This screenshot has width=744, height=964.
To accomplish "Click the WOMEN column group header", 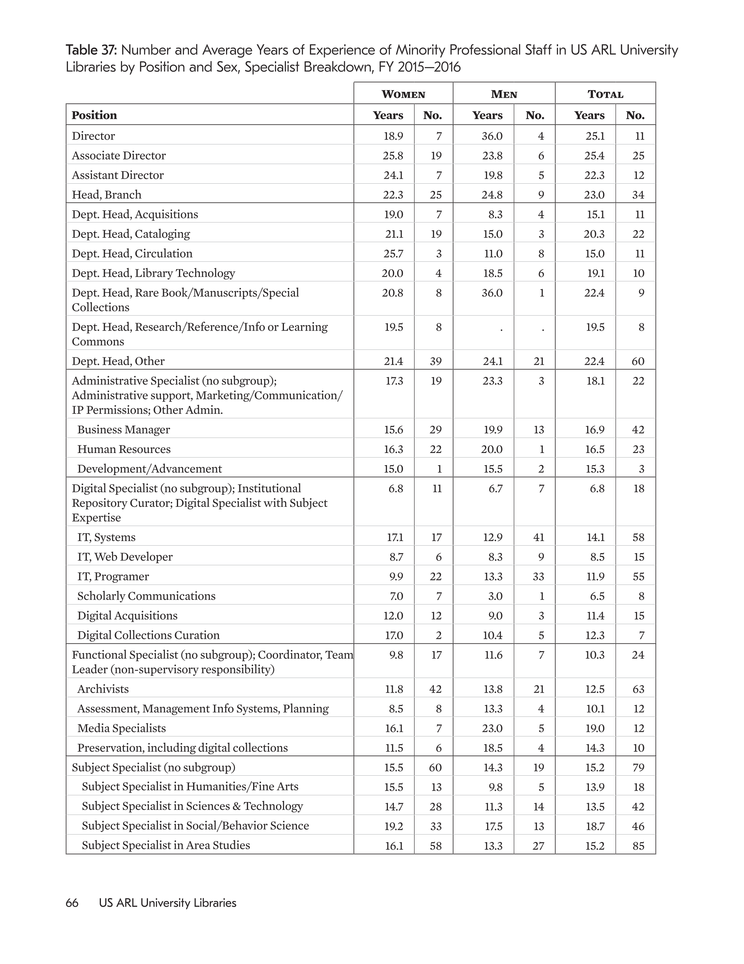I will click(403, 94).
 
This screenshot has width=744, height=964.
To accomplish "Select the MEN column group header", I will click(504, 94).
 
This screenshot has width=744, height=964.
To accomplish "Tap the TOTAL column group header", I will click(605, 94).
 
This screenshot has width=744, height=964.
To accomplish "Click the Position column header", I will click(94, 115).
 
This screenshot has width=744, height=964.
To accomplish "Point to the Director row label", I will click(93, 136).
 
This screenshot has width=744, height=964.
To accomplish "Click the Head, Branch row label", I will click(107, 195).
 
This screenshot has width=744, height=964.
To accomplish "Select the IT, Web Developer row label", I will click(125, 557).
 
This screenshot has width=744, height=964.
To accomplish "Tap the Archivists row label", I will click(103, 689).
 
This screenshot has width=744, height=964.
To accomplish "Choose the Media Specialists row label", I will click(122, 728).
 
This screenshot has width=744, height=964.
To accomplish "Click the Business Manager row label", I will click(123, 430).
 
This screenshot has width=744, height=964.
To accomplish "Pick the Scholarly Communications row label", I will click(146, 596).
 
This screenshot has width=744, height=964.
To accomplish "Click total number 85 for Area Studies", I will click(638, 846).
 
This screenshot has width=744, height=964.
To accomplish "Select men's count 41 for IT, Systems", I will click(538, 537).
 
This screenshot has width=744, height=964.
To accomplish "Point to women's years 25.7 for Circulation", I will click(392, 253).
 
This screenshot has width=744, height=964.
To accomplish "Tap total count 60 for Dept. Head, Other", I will click(638, 361).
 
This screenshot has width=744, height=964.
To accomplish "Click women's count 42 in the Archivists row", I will click(436, 689).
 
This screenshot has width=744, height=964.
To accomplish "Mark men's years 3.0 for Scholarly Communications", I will click(495, 596).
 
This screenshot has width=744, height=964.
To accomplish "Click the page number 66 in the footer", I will click(72, 903).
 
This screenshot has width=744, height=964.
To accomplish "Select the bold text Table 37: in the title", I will click(91, 50).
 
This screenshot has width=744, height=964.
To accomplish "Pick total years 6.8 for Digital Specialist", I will click(597, 488).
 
